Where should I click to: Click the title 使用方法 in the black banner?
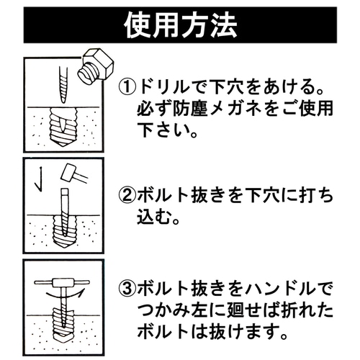click(180, 27)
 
